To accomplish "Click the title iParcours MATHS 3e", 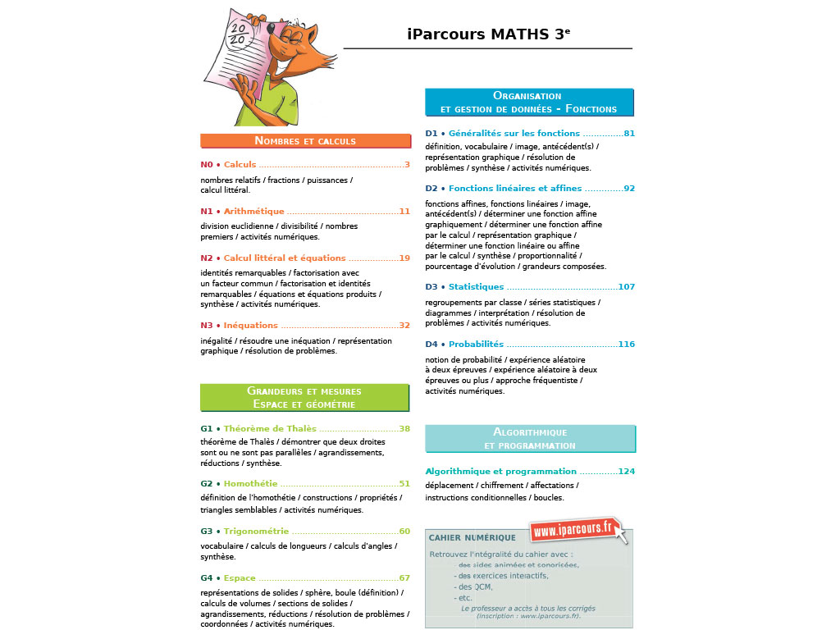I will (488, 34).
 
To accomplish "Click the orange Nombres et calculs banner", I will (305, 141).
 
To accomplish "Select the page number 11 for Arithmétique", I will (404, 212).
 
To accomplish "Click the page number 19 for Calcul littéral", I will (404, 258).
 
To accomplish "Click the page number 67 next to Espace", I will (404, 578).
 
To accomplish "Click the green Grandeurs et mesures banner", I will (305, 398).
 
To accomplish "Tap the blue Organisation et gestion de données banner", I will (529, 103).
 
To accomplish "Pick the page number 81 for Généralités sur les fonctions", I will (629, 134).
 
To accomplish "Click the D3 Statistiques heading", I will (476, 287).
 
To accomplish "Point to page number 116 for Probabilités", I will (627, 345).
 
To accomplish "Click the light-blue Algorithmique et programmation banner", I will (530, 439).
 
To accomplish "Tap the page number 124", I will (627, 472).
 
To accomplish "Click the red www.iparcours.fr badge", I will (574, 530).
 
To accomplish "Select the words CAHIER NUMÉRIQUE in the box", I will (472, 538).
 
